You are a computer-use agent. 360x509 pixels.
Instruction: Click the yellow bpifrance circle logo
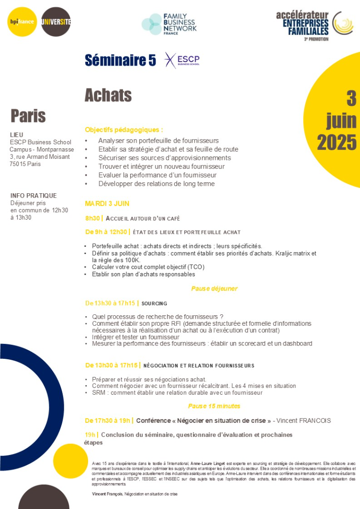tap(22, 22)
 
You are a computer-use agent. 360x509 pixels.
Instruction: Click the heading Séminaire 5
tap(120, 60)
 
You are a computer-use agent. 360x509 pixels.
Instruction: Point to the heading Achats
tap(108, 95)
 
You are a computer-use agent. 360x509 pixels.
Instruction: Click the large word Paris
tap(28, 115)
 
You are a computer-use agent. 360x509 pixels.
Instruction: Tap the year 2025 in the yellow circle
tap(337, 142)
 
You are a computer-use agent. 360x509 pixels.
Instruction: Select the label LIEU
tap(16, 135)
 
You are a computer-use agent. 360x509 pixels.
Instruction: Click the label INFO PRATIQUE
tap(34, 196)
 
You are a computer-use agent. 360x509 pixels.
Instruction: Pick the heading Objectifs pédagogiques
tap(124, 130)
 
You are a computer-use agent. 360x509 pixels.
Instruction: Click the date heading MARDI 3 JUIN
tap(107, 204)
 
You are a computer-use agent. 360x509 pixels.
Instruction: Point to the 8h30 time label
tap(92, 218)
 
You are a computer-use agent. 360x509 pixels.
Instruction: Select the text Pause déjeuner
tap(214, 288)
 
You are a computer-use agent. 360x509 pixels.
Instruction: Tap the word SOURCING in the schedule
tap(154, 303)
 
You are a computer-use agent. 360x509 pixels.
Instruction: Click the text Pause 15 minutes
tap(214, 406)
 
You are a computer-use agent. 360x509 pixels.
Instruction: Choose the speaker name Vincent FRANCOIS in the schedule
tap(304, 420)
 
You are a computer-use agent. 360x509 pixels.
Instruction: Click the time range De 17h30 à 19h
tap(108, 420)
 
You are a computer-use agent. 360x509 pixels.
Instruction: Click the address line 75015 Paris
tap(25, 164)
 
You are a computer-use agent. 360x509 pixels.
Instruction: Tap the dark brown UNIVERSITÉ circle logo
tap(56, 22)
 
